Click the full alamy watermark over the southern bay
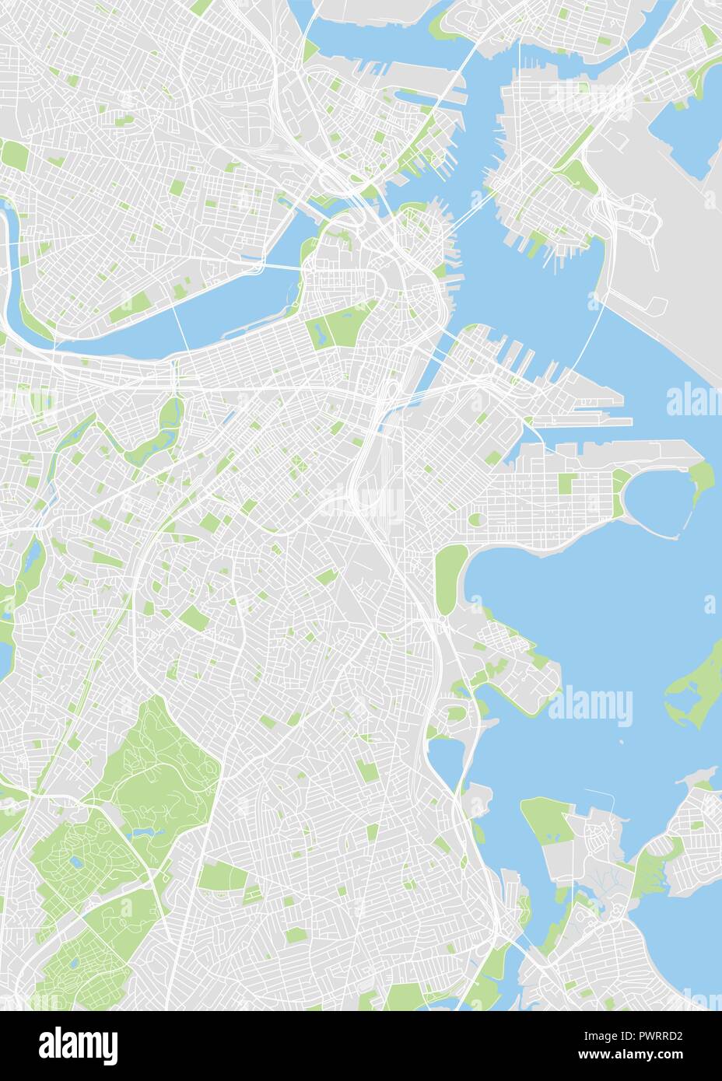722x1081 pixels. point(591,706)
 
